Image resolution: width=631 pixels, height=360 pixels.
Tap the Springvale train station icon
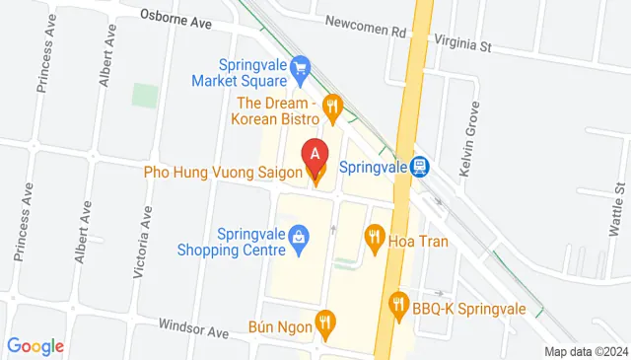420,167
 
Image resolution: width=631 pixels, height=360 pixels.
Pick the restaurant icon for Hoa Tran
374,236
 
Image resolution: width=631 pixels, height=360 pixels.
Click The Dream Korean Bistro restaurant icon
333,104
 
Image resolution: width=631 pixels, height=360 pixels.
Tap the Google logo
35,346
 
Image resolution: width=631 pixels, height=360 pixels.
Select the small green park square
145,96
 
